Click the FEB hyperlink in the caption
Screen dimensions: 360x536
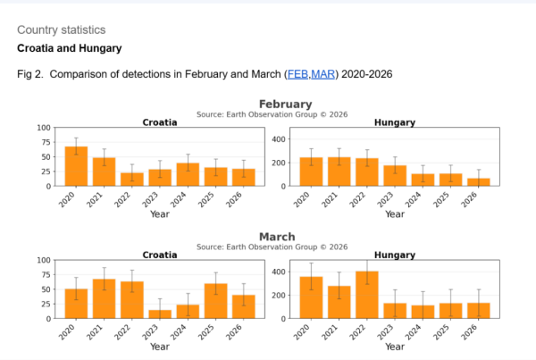click(297, 74)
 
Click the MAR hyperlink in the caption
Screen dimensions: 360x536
click(322, 74)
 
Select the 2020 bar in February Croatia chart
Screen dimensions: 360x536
click(76, 166)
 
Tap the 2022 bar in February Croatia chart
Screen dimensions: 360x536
click(131, 179)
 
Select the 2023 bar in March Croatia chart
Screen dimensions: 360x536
click(159, 314)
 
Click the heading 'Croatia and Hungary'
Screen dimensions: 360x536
click(69, 47)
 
